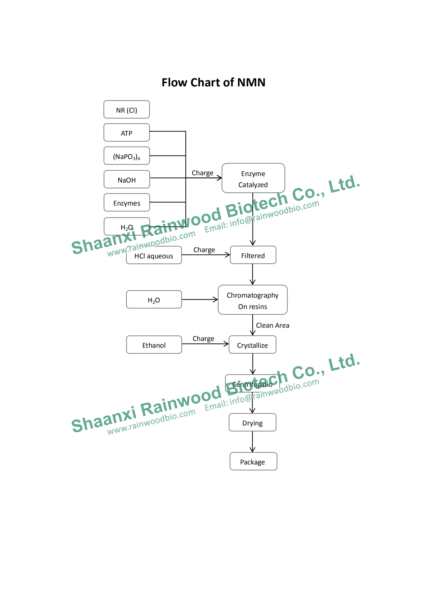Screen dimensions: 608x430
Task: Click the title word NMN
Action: click(251, 82)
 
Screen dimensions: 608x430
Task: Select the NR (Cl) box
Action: click(127, 110)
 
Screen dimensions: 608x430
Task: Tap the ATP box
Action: click(127, 133)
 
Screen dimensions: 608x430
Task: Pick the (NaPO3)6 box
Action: click(127, 156)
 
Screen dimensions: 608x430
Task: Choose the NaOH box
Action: click(127, 179)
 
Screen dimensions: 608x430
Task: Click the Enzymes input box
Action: click(127, 203)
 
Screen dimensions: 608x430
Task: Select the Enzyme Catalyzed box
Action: click(253, 178)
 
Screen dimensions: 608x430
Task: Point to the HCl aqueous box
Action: click(154, 255)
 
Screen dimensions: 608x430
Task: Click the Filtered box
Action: click(253, 255)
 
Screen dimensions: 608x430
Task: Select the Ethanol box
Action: click(154, 345)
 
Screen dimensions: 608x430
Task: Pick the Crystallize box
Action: click(252, 345)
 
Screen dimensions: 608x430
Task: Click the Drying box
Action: click(252, 422)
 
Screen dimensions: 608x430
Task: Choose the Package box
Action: click(253, 461)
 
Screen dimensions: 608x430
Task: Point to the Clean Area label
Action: click(272, 325)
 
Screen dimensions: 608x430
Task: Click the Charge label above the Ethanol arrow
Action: click(203, 339)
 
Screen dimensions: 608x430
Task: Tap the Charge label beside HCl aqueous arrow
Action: click(204, 250)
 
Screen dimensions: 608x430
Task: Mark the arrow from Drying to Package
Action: click(253, 442)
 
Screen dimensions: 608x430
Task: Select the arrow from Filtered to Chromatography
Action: click(253, 274)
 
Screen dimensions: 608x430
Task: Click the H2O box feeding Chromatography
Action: click(154, 300)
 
